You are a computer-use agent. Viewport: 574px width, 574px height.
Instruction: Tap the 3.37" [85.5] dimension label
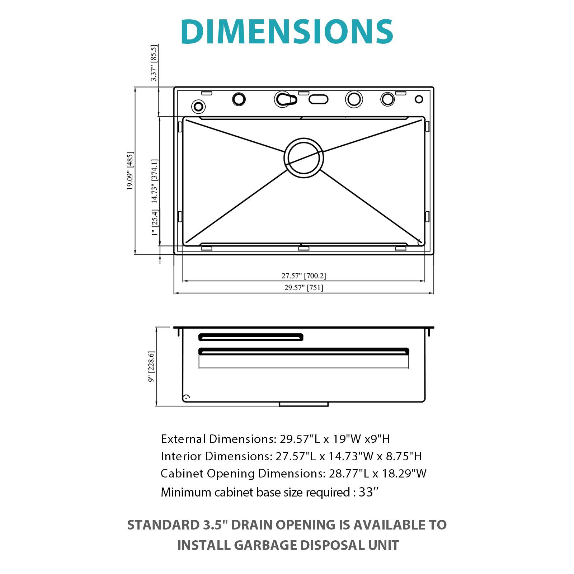154,63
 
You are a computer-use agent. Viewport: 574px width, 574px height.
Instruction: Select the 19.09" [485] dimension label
130,171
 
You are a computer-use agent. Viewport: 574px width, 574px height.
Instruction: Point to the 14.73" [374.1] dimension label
154,182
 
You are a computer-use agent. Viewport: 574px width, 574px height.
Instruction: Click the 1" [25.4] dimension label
155,222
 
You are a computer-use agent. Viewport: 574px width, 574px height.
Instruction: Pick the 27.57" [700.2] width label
304,276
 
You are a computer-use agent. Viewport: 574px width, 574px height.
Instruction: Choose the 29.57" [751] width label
304,287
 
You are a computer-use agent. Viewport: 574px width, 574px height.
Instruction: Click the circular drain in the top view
304,158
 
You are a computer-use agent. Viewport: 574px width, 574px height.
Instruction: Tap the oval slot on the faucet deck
318,99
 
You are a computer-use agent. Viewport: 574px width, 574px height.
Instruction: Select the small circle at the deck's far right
419,99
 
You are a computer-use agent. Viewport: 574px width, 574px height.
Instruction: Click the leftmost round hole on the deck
198,106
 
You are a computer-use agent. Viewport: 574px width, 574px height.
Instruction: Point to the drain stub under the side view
304,404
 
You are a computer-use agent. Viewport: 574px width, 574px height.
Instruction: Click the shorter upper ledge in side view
250,337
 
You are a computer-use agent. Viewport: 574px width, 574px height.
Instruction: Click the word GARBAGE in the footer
265,545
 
